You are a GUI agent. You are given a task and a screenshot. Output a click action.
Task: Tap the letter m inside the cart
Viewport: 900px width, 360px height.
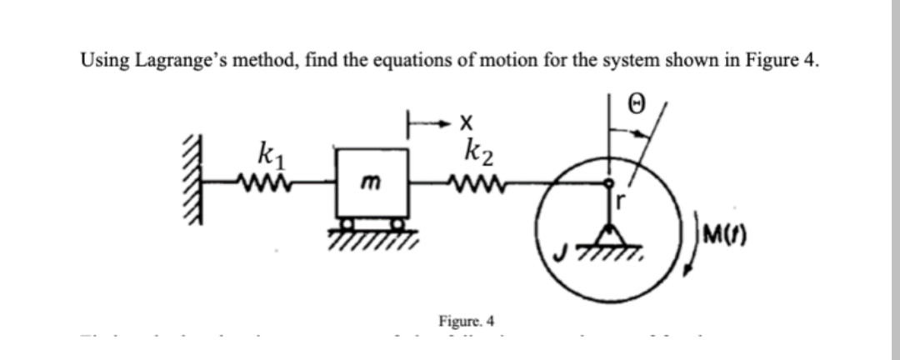[371, 192]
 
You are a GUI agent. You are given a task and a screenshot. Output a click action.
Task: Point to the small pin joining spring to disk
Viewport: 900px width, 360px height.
[611, 182]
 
